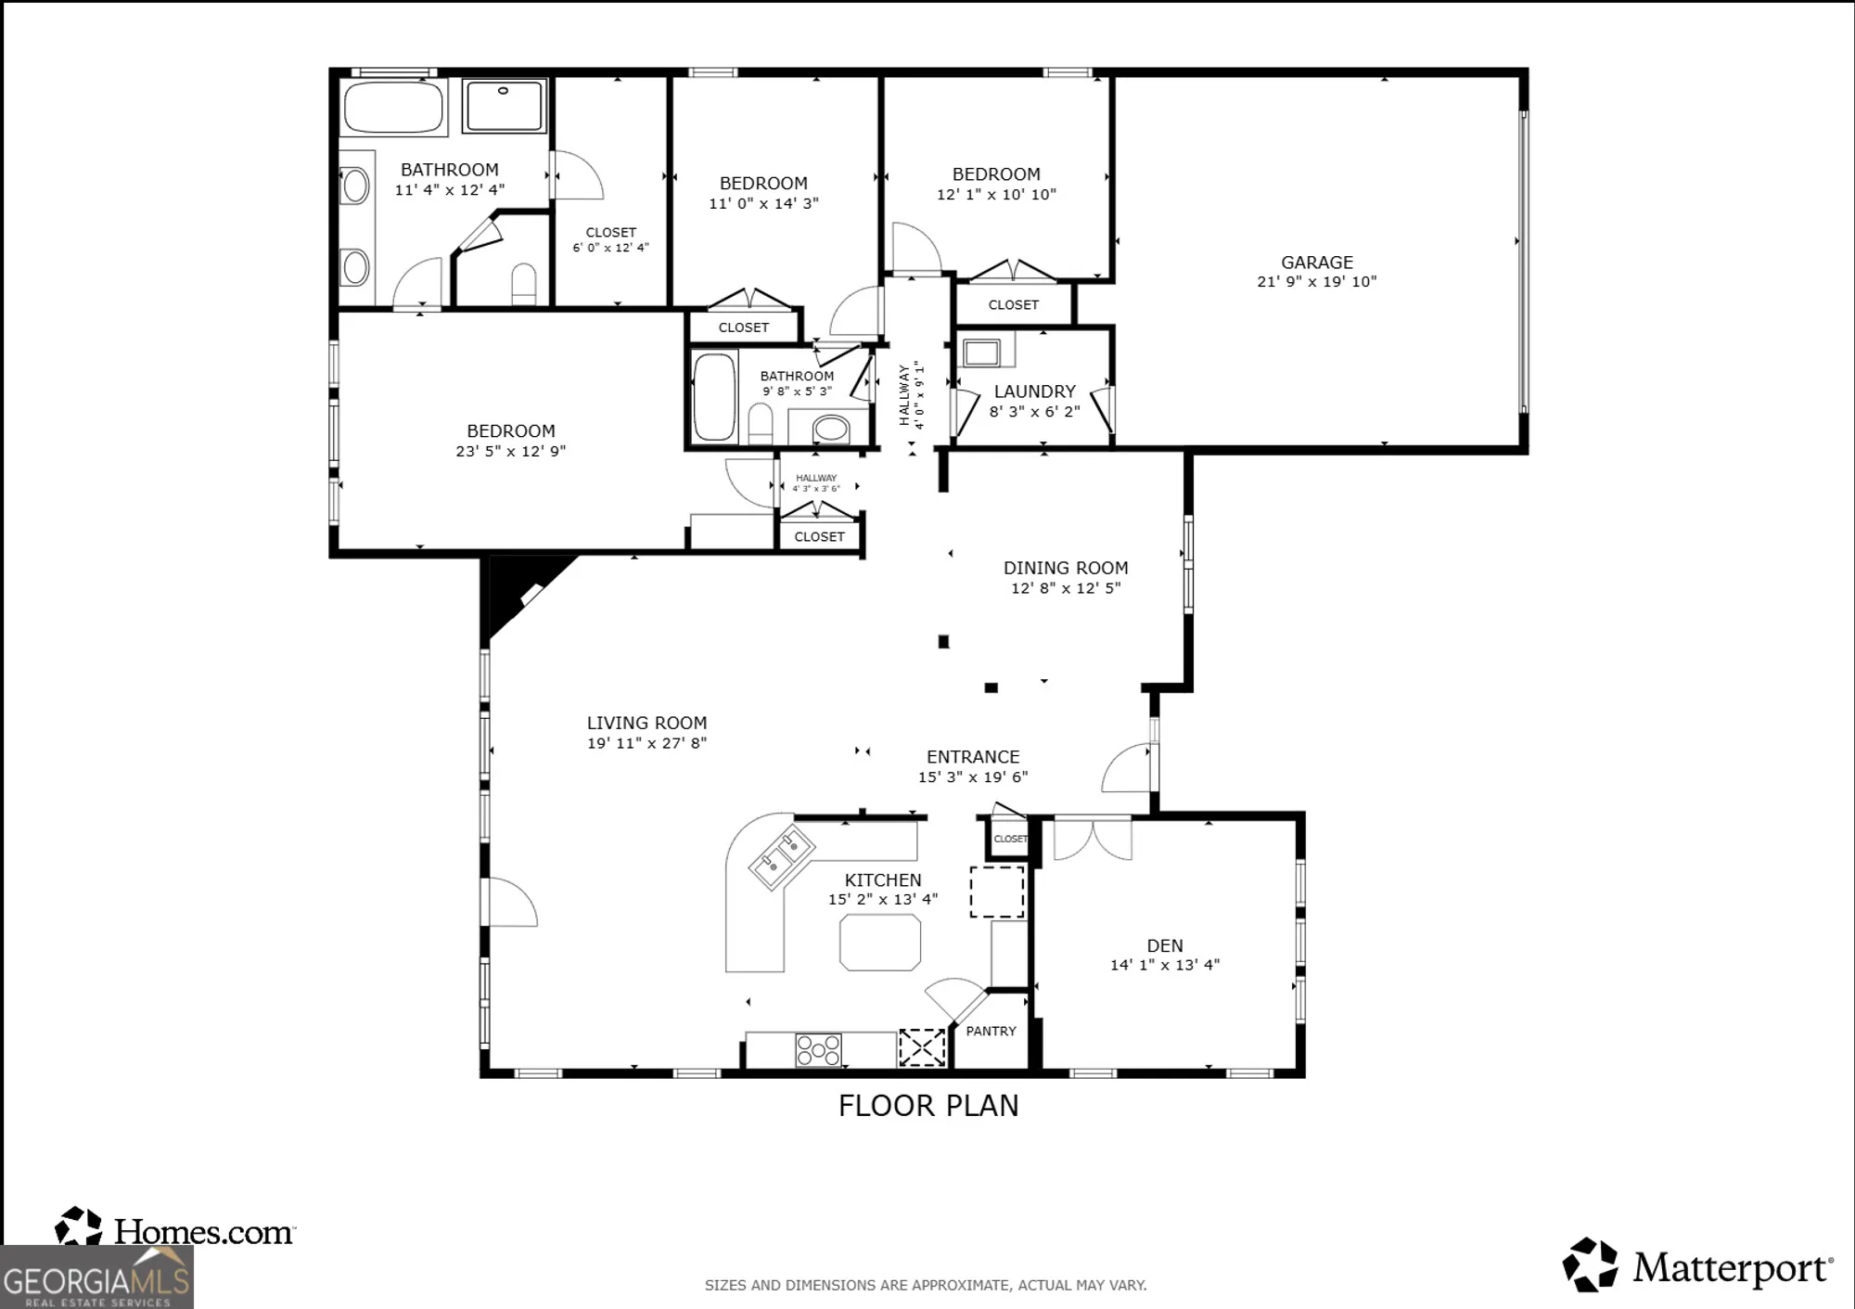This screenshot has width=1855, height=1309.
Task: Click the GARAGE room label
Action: click(x=1316, y=263)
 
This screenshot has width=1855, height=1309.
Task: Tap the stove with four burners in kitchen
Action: click(x=818, y=1050)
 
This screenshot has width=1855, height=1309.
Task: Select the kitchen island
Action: click(x=880, y=943)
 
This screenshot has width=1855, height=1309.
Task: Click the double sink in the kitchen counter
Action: click(x=782, y=857)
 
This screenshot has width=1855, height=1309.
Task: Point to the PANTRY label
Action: click(x=991, y=1031)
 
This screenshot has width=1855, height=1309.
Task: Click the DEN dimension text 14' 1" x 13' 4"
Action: click(x=1164, y=965)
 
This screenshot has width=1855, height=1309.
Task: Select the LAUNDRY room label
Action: click(x=1034, y=391)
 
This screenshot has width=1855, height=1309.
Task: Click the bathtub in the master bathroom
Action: click(x=393, y=108)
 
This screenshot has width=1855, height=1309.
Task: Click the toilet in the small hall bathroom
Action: click(x=761, y=424)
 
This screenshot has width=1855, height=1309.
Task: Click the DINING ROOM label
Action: click(x=1065, y=568)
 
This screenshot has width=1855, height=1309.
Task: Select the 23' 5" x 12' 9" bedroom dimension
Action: click(x=510, y=452)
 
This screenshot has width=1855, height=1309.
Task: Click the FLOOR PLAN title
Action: click(x=927, y=1106)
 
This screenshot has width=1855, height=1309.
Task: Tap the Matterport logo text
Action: click(x=1732, y=1268)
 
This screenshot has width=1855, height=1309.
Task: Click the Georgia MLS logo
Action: click(x=96, y=1278)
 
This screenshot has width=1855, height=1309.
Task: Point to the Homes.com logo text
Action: click(x=204, y=1232)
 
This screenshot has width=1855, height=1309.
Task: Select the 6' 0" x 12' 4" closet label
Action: click(x=610, y=248)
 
